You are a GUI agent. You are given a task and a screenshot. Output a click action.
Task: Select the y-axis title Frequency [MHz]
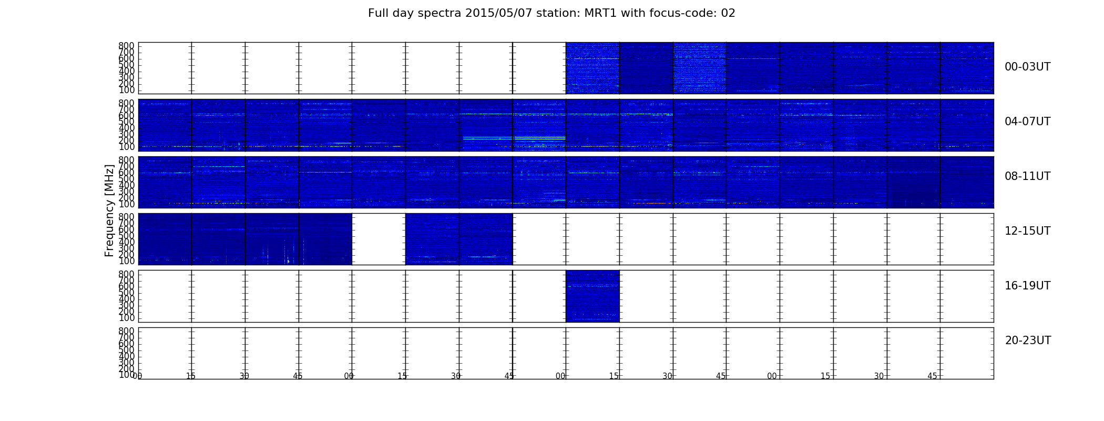pos(109,210)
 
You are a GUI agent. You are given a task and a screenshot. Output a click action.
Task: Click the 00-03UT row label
pos(1027,67)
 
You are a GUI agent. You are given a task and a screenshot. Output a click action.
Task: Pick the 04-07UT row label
pos(1027,122)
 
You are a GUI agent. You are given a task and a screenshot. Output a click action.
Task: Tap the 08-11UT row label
pos(1027,176)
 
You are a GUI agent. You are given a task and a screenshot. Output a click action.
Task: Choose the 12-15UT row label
pos(1027,231)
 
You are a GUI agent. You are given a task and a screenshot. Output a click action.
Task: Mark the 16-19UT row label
pos(1027,286)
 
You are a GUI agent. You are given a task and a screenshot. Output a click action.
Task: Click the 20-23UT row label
pos(1028,340)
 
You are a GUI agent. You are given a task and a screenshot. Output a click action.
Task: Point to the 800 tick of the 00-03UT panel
pos(127,46)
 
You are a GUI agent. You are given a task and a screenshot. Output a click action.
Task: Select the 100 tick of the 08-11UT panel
pos(127,204)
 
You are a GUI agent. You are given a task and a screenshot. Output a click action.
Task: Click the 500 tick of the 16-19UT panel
pos(127,293)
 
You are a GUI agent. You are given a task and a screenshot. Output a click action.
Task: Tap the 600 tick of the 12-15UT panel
pos(127,229)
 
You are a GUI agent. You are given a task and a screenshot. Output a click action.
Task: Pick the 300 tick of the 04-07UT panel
pos(127,134)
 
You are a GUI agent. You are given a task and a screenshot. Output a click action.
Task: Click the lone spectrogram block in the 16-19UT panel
pos(592,296)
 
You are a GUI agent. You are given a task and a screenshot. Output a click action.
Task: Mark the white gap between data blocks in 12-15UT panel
pos(379,239)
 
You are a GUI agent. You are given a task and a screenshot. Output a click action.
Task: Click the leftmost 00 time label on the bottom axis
pos(137,376)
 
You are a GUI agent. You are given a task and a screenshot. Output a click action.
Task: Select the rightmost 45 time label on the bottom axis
pos(932,376)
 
